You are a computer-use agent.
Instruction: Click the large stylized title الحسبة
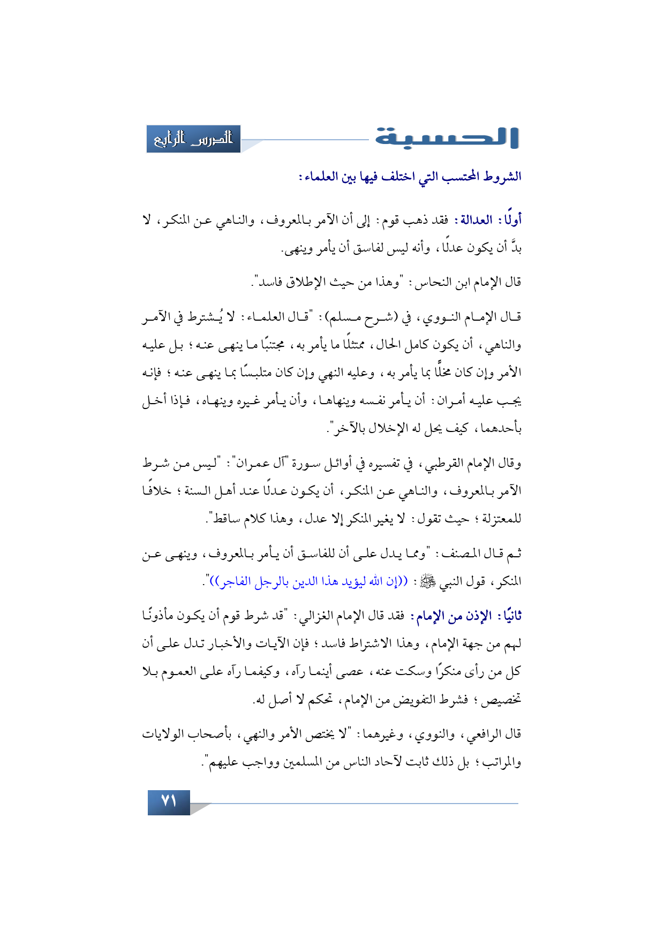click(x=447, y=138)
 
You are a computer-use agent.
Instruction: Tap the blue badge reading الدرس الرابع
click(x=193, y=139)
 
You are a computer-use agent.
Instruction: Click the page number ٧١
click(x=169, y=802)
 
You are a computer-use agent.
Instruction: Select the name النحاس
click(x=432, y=282)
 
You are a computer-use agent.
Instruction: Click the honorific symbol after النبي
click(x=428, y=581)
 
